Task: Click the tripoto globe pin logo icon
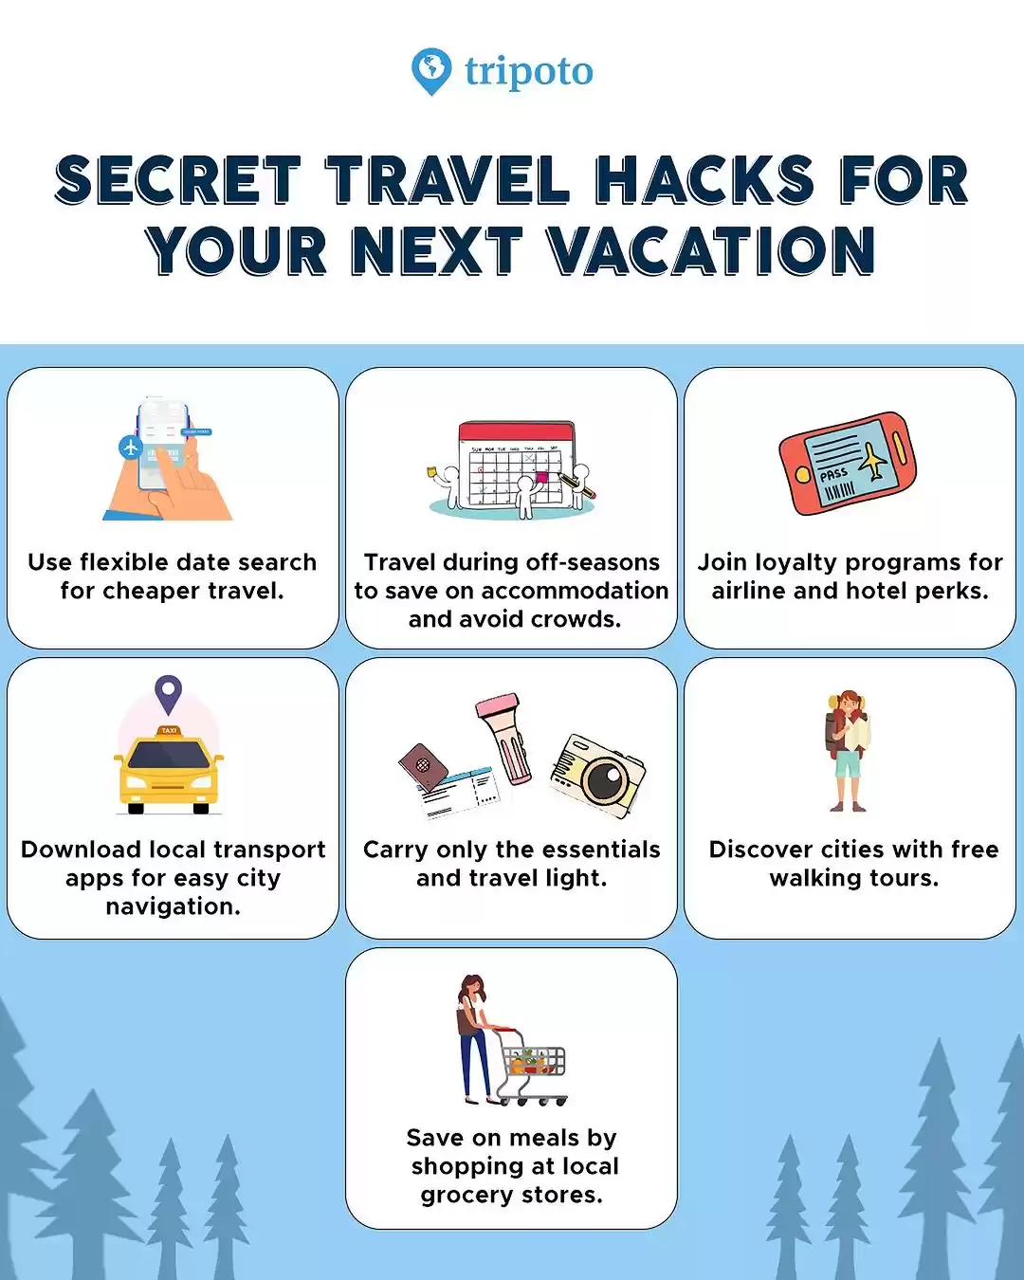point(431,71)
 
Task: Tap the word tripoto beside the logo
point(529,72)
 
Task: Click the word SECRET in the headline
point(178,179)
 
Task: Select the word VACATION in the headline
point(711,250)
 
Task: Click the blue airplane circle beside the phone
point(130,448)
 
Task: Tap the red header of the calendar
point(516,431)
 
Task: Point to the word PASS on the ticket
point(833,475)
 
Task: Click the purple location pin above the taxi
point(169,694)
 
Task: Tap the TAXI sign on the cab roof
point(169,730)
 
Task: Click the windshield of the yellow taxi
point(169,755)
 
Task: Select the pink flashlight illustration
point(503,739)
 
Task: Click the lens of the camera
point(605,777)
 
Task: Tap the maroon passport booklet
point(423,766)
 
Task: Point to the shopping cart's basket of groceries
point(533,1061)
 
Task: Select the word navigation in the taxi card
point(174,907)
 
